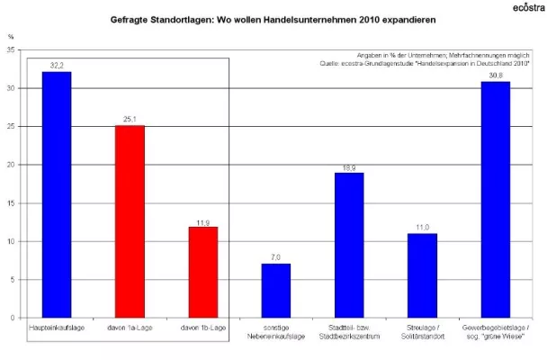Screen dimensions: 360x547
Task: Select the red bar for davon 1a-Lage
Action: pos(130,221)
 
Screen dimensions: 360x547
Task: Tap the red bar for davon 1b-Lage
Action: pos(202,272)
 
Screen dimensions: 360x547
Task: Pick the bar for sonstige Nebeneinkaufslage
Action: pos(275,291)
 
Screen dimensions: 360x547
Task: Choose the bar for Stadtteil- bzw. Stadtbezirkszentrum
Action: pos(348,245)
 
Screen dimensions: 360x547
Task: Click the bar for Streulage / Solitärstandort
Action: pos(422,275)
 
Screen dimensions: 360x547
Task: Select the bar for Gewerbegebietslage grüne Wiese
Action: pos(495,200)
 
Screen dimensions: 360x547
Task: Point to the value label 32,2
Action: pos(57,66)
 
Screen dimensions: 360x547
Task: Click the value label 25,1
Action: pos(130,120)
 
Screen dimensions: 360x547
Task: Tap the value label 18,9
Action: pos(348,167)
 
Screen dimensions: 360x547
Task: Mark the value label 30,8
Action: pos(495,76)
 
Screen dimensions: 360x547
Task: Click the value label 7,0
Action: pos(275,258)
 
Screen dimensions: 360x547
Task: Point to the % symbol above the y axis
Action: pos(11,37)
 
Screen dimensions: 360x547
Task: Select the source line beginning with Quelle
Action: pos(426,65)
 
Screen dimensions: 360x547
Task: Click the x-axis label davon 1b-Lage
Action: pos(202,327)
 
